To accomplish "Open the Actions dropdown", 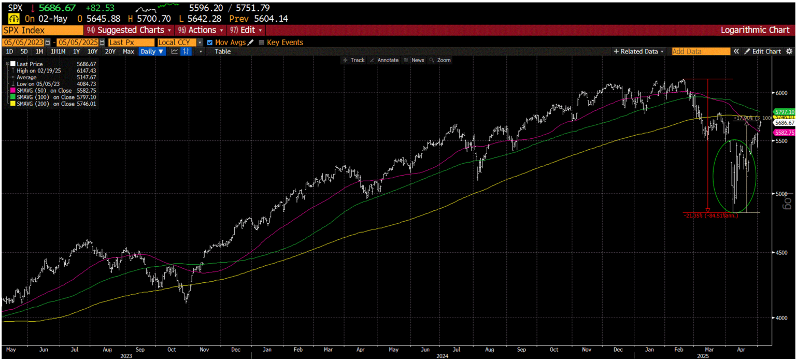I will [x=202, y=30].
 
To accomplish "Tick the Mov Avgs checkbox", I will [x=209, y=42].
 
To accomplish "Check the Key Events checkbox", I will [x=261, y=42].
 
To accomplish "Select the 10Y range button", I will [x=92, y=51].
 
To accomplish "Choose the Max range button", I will [x=129, y=51].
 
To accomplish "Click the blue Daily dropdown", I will [x=152, y=51].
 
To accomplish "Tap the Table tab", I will [x=223, y=51].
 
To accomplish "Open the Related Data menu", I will [x=639, y=51].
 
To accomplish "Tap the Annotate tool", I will [x=388, y=60].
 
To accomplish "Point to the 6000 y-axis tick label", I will [x=781, y=93].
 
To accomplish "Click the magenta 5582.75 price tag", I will [x=784, y=133].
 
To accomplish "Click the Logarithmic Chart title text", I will [x=755, y=30].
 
